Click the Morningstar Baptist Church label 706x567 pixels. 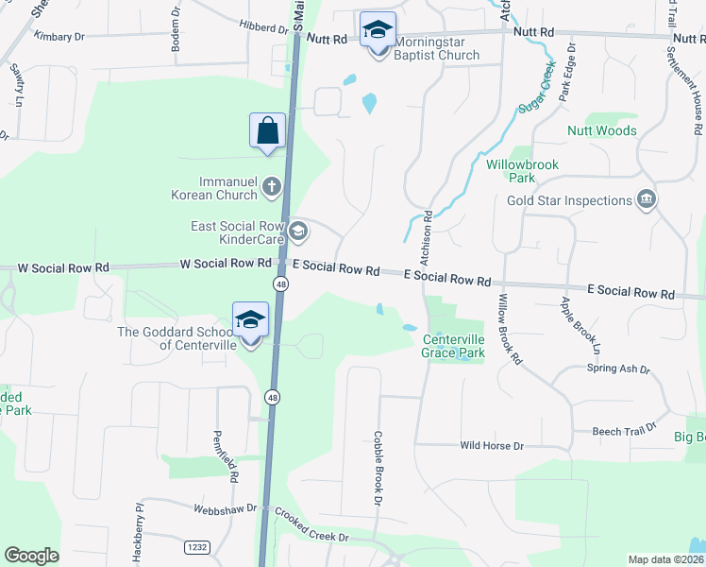tap(436, 48)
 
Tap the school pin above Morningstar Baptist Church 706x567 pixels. tap(378, 30)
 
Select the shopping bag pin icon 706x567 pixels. tap(268, 130)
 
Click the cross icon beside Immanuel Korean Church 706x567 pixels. tap(272, 185)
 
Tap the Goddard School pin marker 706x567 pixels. tap(250, 321)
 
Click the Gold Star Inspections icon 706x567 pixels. tap(647, 199)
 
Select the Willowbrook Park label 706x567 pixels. tap(522, 171)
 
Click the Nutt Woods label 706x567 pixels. tap(601, 130)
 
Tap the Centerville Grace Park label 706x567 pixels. tap(453, 346)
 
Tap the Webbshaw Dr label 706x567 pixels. tap(225, 508)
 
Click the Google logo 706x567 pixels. tap(31, 556)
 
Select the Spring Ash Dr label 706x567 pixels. tap(618, 369)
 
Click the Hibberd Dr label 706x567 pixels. tap(263, 28)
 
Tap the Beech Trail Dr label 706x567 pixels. tap(620, 432)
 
